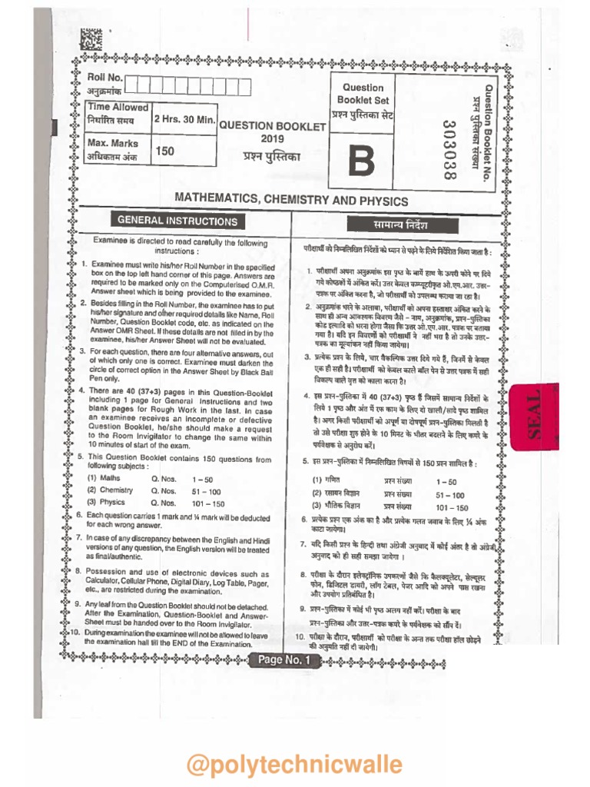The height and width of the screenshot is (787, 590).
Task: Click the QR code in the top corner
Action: pyautogui.click(x=91, y=39)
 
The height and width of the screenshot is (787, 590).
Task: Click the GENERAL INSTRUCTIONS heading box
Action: pyautogui.click(x=177, y=221)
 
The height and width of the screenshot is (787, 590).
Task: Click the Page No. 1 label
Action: pyautogui.click(x=283, y=660)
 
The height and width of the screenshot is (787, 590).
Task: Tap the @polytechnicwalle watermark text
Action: pyautogui.click(x=294, y=765)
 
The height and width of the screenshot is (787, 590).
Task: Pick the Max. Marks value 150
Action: pyautogui.click(x=164, y=151)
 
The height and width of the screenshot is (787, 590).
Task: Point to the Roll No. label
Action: pyautogui.click(x=104, y=78)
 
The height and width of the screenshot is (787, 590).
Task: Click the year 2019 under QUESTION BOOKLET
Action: pyautogui.click(x=272, y=139)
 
